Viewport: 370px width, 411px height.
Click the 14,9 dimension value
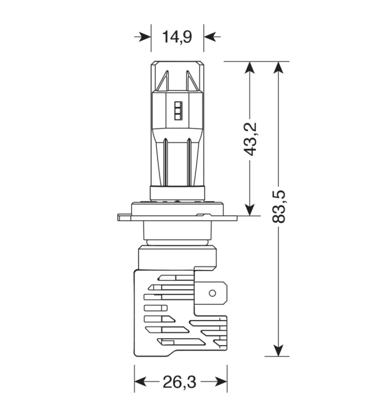point(177,37)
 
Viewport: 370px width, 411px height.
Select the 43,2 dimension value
point(250,139)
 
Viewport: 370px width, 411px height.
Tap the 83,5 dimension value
point(278,207)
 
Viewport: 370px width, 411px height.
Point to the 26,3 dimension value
point(179,382)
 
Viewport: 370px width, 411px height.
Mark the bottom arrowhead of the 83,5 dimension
point(278,350)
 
